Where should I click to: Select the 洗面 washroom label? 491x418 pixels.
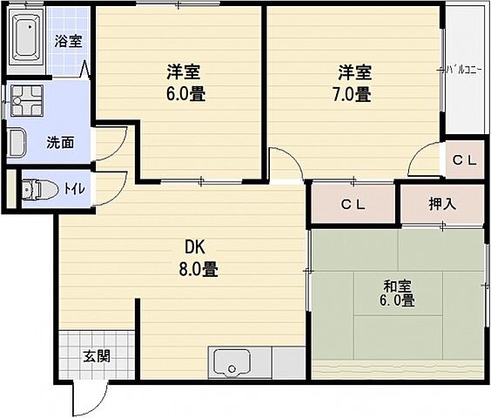(x=59, y=143)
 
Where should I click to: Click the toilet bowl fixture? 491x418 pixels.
(x=34, y=189)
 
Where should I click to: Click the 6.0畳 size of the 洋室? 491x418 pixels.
(x=185, y=94)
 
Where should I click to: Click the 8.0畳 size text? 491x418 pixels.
(x=198, y=269)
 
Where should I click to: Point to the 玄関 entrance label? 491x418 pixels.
(x=96, y=355)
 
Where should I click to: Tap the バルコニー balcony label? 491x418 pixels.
(x=461, y=68)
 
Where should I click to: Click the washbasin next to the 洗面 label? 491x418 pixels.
(x=17, y=142)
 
